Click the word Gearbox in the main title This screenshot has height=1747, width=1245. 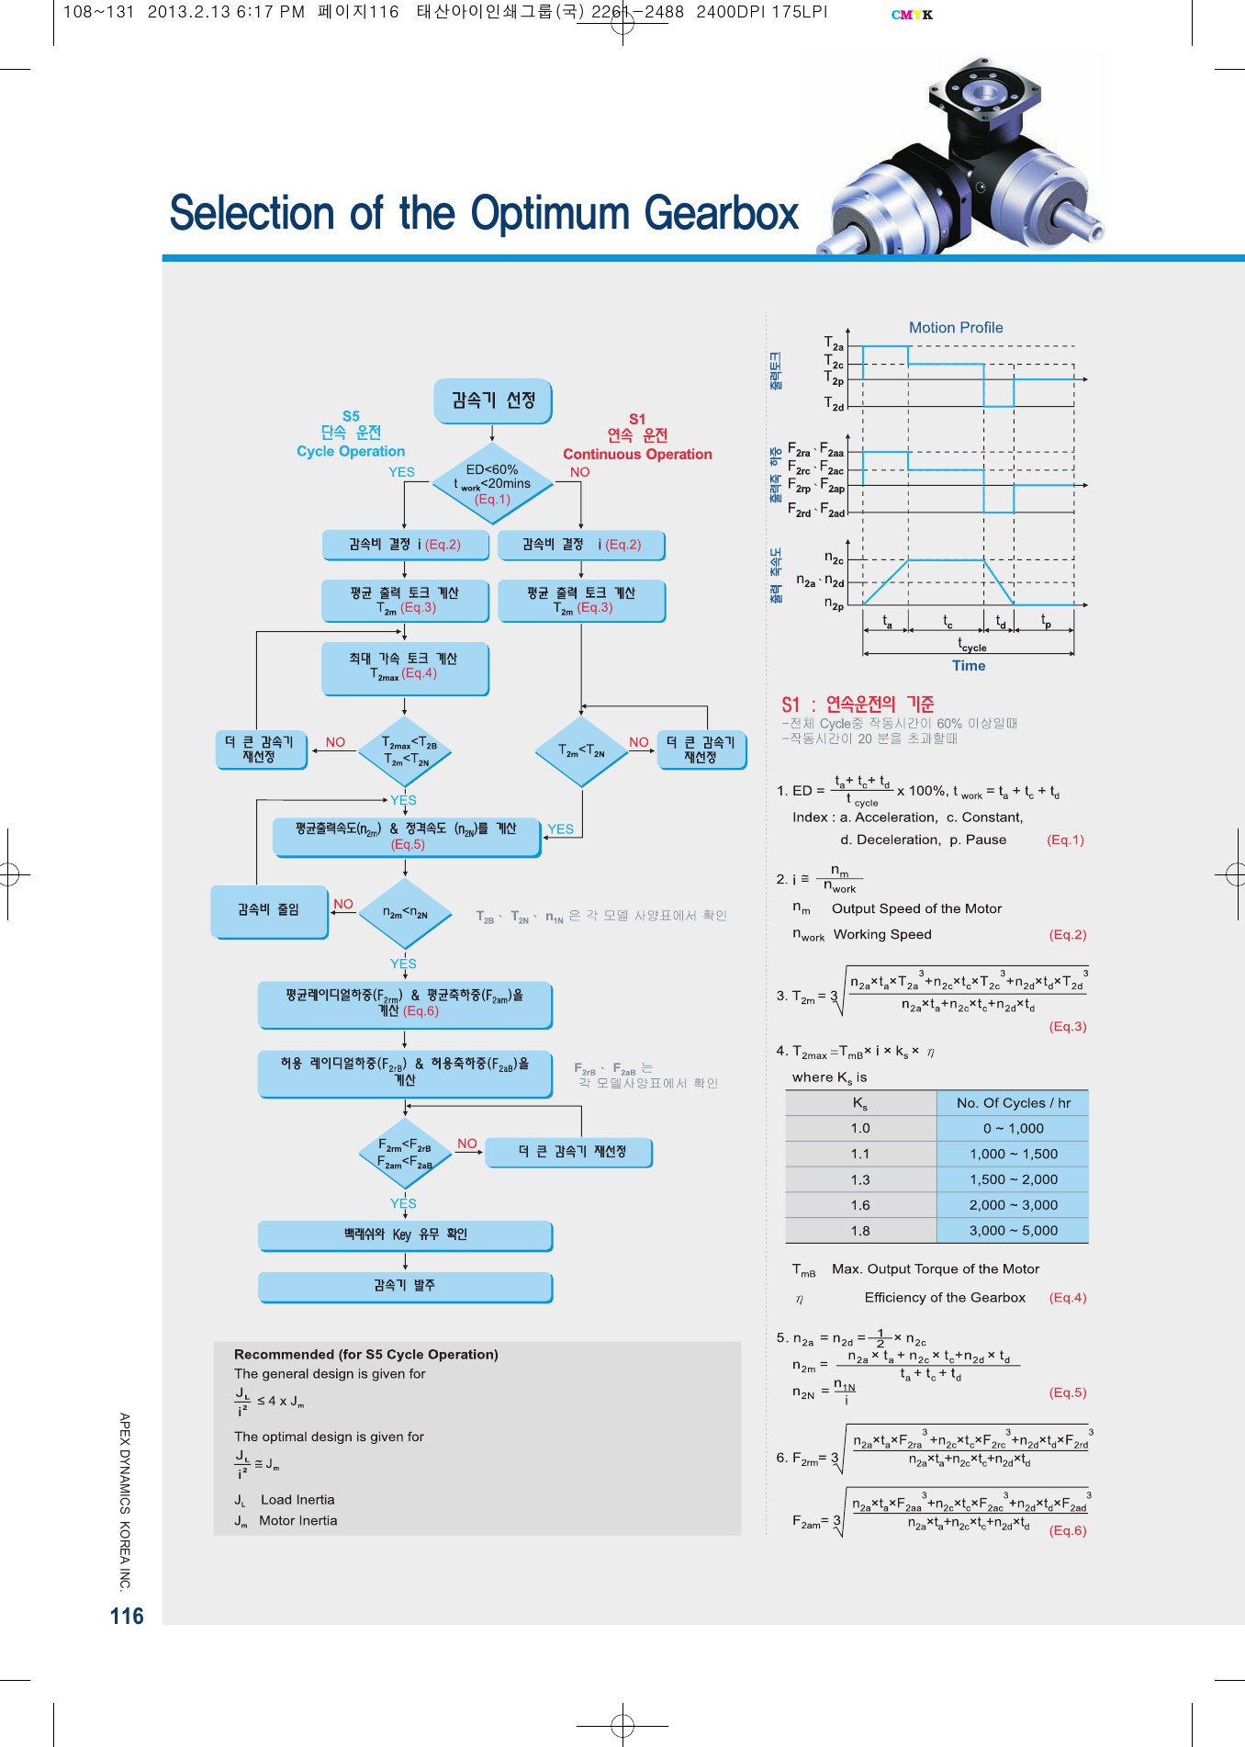pyautogui.click(x=721, y=213)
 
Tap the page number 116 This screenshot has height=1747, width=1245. pyautogui.click(x=127, y=1617)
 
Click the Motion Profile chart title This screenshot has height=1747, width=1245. pyautogui.click(x=955, y=328)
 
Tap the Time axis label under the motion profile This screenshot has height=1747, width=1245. pyautogui.click(x=969, y=666)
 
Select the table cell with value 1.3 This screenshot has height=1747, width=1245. pyautogui.click(x=860, y=1179)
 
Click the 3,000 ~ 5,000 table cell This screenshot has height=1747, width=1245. pyautogui.click(x=1013, y=1231)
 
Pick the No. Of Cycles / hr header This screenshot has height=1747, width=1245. pyautogui.click(x=1013, y=1103)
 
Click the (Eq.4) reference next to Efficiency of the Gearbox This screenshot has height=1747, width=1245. pyautogui.click(x=1068, y=1298)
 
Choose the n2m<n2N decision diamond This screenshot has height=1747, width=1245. pyautogui.click(x=405, y=913)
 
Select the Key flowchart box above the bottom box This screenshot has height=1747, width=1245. pyautogui.click(x=405, y=1235)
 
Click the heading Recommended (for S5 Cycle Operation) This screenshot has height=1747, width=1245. pyautogui.click(x=365, y=1355)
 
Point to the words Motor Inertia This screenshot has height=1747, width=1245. pyautogui.click(x=297, y=1521)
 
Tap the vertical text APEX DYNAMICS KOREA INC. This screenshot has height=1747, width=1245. pyautogui.click(x=125, y=1501)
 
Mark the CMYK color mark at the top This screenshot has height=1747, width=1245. pyautogui.click(x=912, y=15)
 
